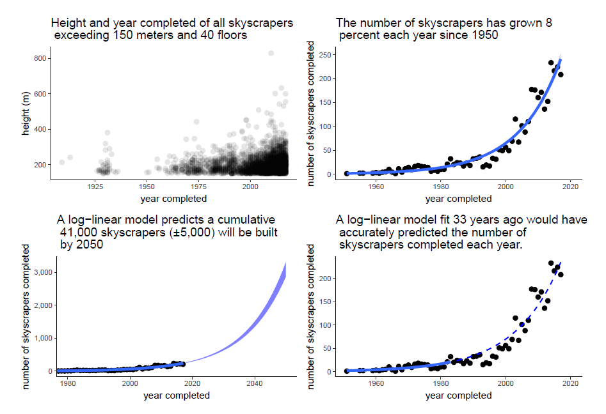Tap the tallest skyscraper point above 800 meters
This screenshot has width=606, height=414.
pos(271,54)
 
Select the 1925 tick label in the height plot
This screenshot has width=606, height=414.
pos(95,187)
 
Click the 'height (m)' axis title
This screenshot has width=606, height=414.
pos(26,114)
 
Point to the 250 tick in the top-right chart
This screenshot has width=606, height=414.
pos(326,55)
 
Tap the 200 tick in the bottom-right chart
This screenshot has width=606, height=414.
pos(326,279)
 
